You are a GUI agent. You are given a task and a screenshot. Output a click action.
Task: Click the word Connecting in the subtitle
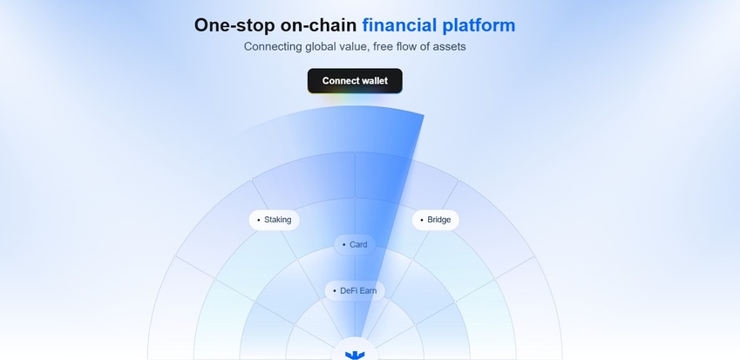(x=274, y=46)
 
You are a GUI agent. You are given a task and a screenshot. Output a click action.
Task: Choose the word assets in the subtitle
(x=448, y=46)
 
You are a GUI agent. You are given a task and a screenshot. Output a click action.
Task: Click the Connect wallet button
(x=355, y=81)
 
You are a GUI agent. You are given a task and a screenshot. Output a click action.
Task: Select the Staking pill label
(x=277, y=220)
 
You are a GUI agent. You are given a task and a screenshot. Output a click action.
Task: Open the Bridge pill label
(x=438, y=220)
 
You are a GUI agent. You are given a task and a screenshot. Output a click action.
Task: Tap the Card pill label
(x=358, y=245)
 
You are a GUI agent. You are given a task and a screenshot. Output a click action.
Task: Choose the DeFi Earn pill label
(x=357, y=290)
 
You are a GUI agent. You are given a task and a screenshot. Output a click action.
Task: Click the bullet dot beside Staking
(x=259, y=220)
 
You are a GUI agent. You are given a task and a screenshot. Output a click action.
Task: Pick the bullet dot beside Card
(x=344, y=245)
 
